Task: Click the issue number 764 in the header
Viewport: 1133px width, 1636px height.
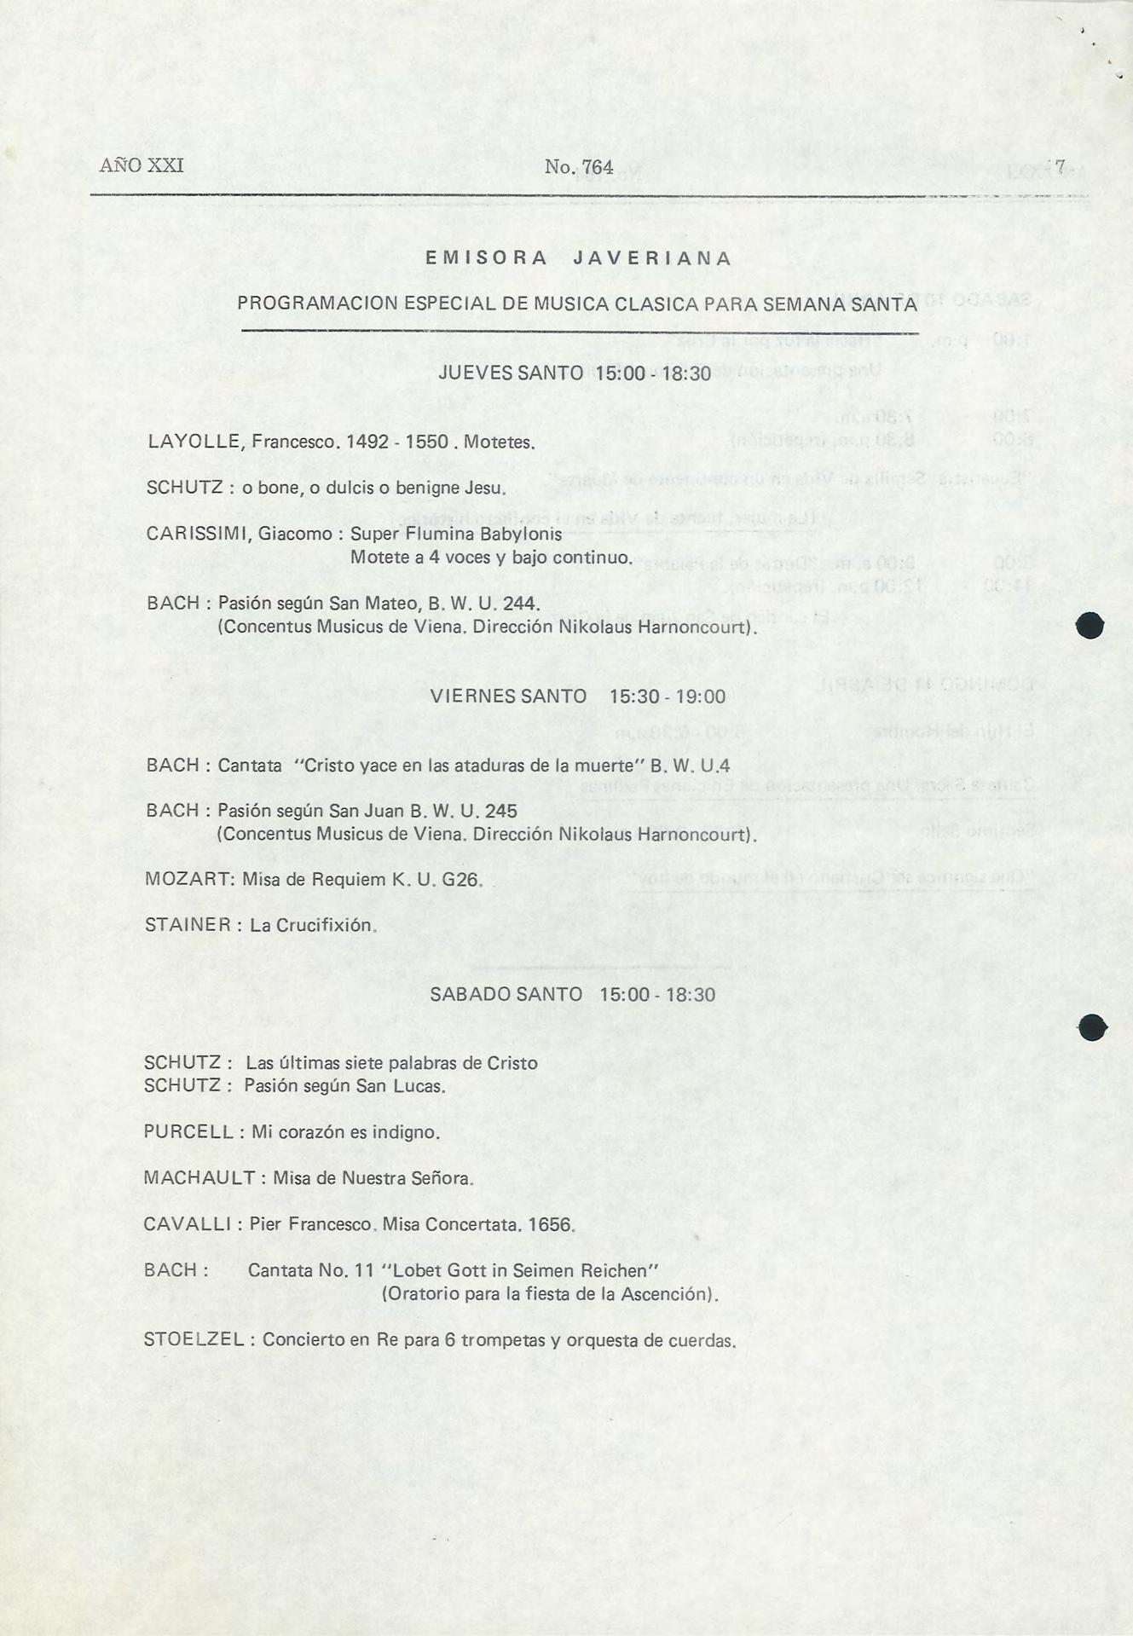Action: [597, 168]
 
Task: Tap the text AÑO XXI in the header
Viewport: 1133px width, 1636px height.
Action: [142, 165]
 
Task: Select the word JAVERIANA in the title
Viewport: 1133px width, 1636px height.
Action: [652, 259]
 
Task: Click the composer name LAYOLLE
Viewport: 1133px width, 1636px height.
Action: [197, 442]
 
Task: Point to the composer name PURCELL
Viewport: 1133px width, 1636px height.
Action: [188, 1132]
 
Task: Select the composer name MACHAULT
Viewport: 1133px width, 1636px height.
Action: [199, 1178]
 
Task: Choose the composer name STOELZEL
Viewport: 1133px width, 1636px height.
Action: [194, 1339]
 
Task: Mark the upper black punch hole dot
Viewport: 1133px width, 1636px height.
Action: [1090, 626]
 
